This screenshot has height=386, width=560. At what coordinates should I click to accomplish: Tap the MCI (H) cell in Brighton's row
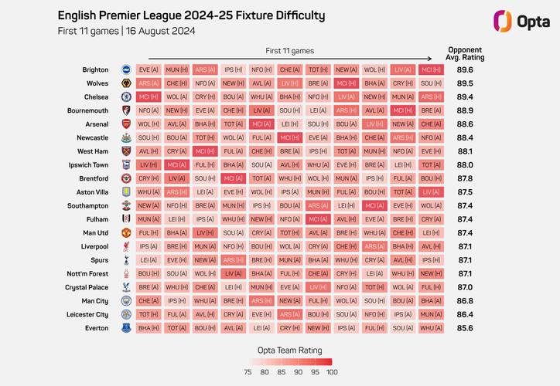431,69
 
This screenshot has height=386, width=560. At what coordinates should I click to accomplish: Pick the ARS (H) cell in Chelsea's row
431,96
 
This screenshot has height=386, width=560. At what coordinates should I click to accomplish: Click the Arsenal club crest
125,124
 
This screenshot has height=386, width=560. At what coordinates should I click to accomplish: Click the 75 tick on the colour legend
247,371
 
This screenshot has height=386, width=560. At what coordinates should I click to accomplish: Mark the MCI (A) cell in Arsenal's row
262,124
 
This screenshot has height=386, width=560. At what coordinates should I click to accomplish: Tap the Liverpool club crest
125,246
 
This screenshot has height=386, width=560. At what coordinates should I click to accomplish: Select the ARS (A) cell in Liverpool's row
374,246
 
